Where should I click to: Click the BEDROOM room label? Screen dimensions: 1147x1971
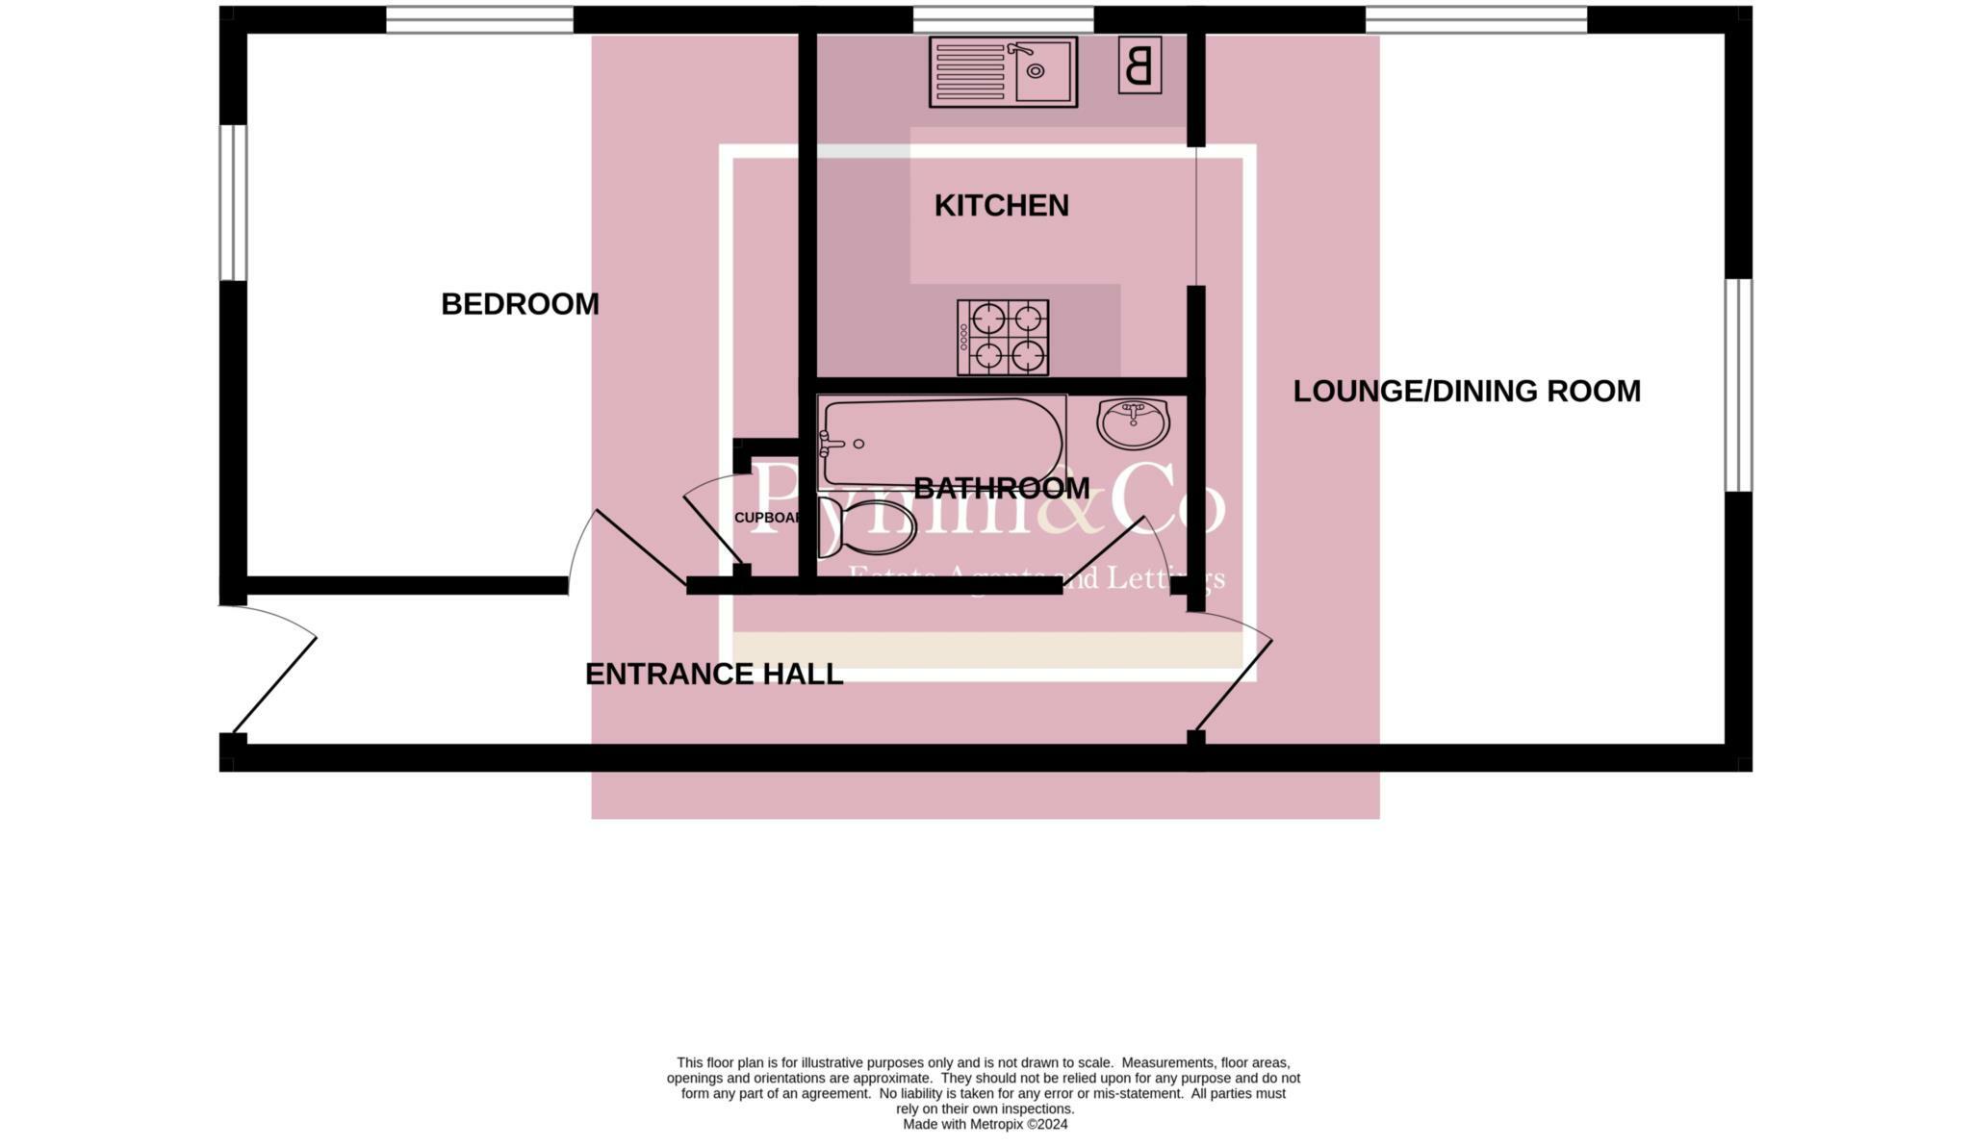pos(520,304)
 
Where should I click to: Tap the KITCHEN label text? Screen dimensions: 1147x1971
pos(1001,206)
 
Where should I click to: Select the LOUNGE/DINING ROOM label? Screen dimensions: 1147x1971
pos(1466,392)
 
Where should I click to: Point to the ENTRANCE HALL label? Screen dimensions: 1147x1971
pos(714,675)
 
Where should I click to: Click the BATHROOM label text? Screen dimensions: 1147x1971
pos(1001,489)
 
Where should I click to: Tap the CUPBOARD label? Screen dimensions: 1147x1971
pos(767,518)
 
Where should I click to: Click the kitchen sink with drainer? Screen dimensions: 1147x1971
pos(1003,72)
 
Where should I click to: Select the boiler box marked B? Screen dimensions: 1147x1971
pos(1139,66)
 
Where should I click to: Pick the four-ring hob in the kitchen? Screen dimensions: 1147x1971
pos(1003,338)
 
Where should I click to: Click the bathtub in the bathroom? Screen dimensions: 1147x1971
pos(941,444)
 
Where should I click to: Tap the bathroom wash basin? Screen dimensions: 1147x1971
pos(1134,423)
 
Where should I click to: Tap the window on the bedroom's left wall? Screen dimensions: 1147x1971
pos(233,202)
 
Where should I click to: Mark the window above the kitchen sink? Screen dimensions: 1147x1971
pos(1003,19)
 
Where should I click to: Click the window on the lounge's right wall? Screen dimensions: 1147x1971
pos(1737,385)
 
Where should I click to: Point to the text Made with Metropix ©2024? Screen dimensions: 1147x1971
pos(985,1124)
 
